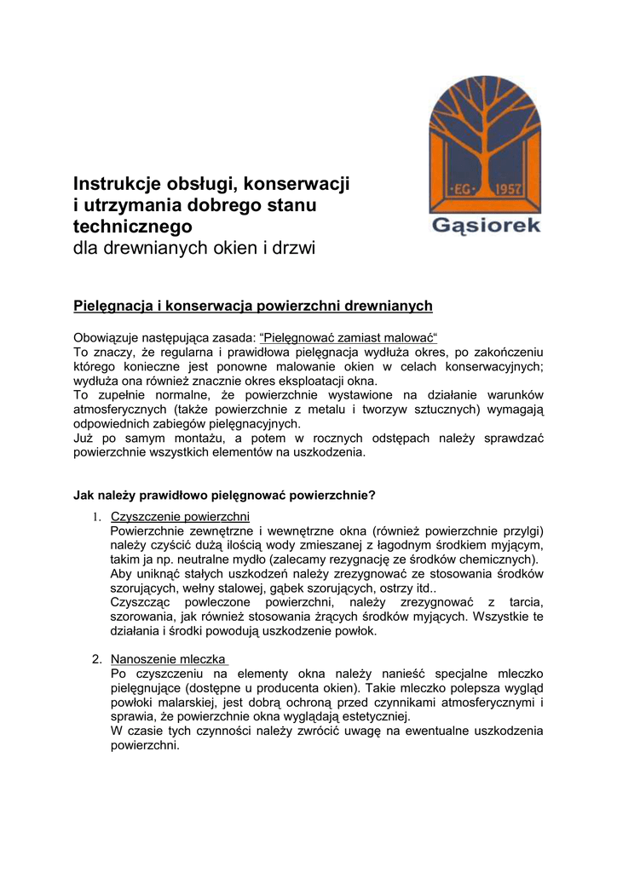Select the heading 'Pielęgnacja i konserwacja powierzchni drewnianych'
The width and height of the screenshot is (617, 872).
click(253, 306)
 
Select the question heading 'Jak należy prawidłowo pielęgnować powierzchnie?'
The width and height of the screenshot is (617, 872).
click(225, 494)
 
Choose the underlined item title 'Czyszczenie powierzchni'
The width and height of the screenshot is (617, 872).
click(180, 516)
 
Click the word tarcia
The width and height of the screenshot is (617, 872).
click(522, 603)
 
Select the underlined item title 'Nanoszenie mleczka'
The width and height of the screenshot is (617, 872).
click(169, 659)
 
